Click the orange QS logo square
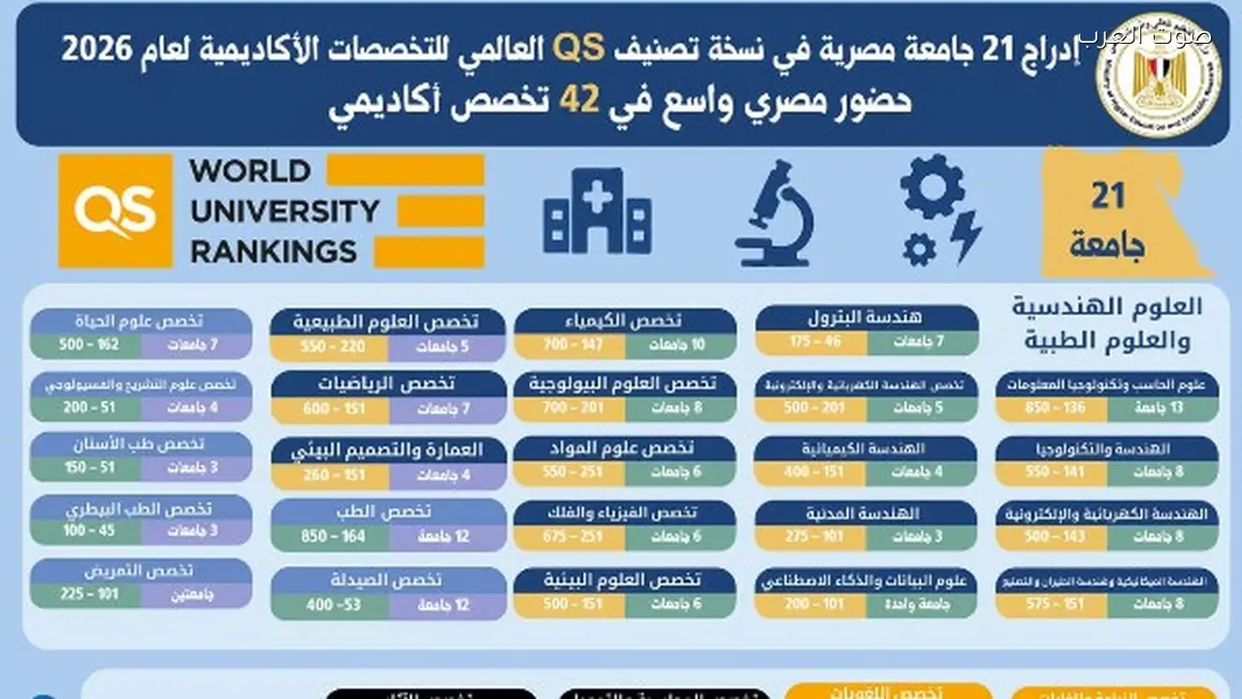point(115,211)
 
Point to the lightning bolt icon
point(966,236)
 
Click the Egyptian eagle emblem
point(1157,76)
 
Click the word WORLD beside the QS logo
point(250,172)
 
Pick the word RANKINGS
point(274,251)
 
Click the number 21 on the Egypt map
point(1107,196)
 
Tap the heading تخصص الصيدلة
point(389,580)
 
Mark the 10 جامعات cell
point(681,345)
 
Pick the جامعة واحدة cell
point(922,603)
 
